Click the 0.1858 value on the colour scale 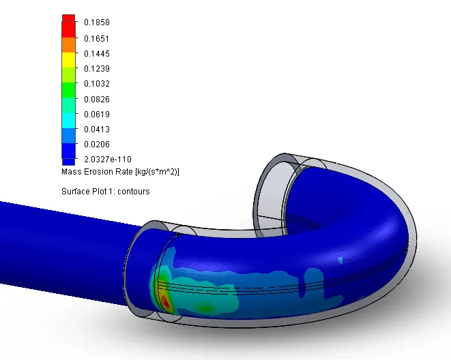(97, 22)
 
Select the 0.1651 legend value (97, 38)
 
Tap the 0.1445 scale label (97, 54)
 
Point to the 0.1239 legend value (97, 69)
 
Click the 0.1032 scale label (97, 84)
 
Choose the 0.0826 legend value (97, 100)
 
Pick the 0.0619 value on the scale (97, 115)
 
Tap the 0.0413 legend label (97, 130)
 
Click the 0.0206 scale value (97, 145)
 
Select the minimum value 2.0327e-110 (108, 159)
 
